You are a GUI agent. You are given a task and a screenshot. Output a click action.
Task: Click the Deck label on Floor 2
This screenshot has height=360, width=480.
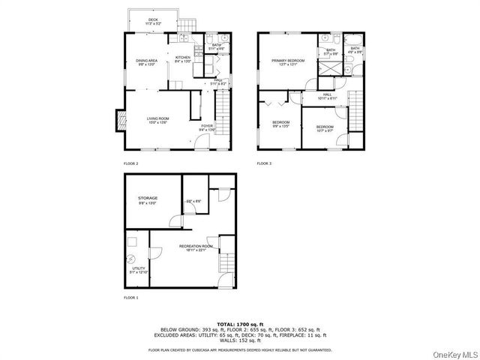[152, 21]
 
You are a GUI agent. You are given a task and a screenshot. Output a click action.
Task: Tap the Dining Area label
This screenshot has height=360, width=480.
[146, 61]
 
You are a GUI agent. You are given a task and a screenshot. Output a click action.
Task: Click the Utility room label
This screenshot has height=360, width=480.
[138, 268]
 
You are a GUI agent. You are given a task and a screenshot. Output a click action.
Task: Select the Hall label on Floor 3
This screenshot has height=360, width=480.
[327, 96]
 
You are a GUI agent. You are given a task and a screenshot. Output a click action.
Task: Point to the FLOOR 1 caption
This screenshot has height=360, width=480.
[130, 298]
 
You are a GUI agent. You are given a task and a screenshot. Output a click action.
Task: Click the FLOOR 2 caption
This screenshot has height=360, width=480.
[130, 163]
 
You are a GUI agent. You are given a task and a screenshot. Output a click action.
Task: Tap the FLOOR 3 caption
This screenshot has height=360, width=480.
[264, 163]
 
